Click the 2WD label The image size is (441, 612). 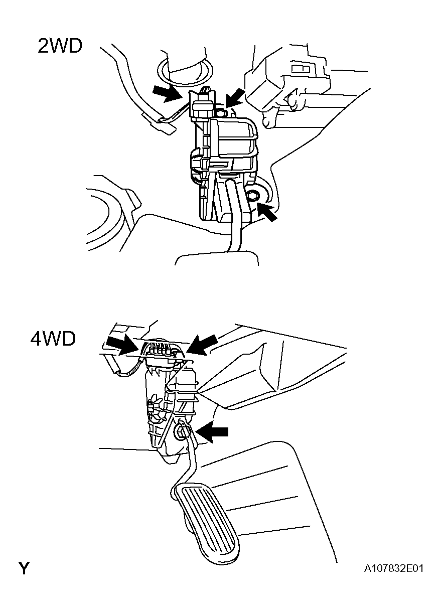59,46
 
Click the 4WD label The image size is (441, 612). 53,339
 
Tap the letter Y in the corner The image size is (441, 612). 24,569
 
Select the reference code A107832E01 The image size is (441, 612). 394,569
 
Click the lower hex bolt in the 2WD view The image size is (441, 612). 253,195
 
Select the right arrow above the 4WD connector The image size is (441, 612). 203,345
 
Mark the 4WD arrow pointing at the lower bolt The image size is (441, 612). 213,432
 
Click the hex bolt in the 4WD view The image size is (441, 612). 180,430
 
